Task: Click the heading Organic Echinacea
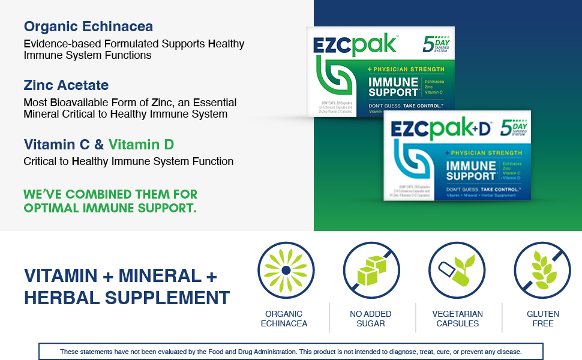(x=88, y=27)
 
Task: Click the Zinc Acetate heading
(x=66, y=85)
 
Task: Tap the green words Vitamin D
(x=142, y=145)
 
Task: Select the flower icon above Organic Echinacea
(x=286, y=270)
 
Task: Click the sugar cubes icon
(x=371, y=270)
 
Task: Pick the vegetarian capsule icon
(x=457, y=270)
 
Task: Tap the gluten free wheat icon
(x=542, y=270)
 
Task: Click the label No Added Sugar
(x=371, y=319)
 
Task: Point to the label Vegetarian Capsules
(x=457, y=319)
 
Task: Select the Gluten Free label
(x=542, y=319)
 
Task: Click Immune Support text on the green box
(x=393, y=87)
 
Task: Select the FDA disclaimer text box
(x=291, y=352)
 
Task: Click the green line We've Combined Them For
(x=110, y=194)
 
